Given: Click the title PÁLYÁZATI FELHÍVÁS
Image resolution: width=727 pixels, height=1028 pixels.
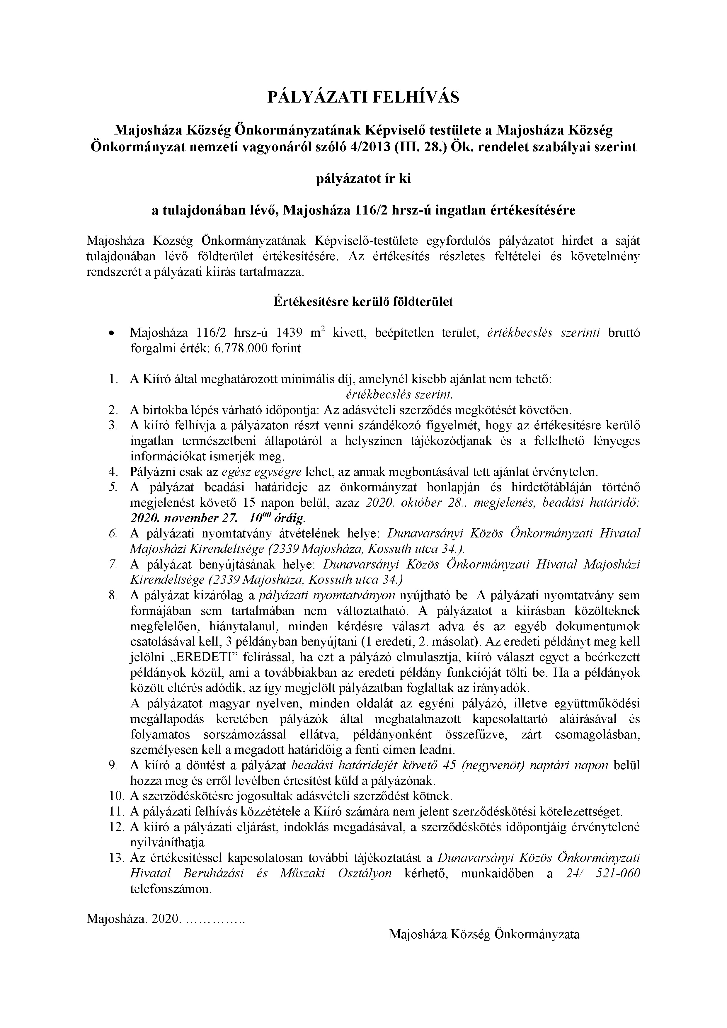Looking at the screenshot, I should (x=363, y=97).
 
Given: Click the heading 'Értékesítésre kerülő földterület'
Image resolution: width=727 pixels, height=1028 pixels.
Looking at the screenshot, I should (x=363, y=301).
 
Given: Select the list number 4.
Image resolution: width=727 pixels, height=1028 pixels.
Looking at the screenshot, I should (x=113, y=472).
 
